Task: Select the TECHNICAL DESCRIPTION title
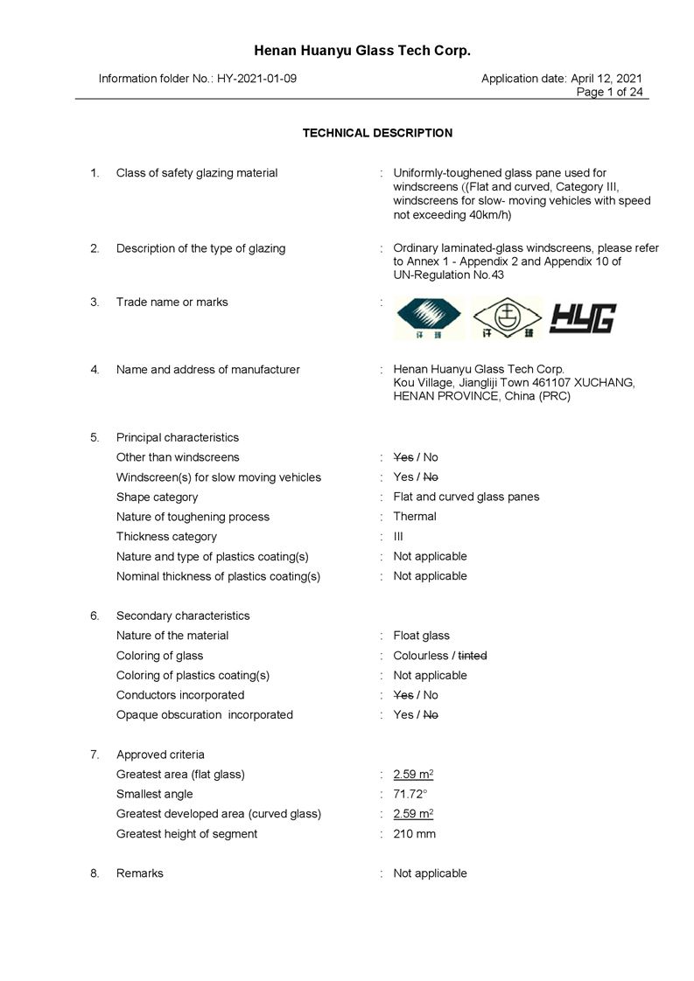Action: (x=377, y=133)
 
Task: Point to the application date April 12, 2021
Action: (x=606, y=79)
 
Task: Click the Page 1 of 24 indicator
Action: (x=609, y=92)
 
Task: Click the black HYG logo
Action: (x=583, y=319)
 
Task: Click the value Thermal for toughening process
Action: (x=415, y=517)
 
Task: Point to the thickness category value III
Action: (x=398, y=537)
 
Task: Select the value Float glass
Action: (x=421, y=636)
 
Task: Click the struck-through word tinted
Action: (x=473, y=656)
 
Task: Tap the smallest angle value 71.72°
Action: (x=410, y=794)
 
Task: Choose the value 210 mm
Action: (x=414, y=834)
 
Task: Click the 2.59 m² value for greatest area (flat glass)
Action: (x=413, y=775)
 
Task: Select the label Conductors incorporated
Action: (x=180, y=695)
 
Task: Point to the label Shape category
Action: (x=157, y=497)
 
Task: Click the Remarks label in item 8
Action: (x=139, y=873)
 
